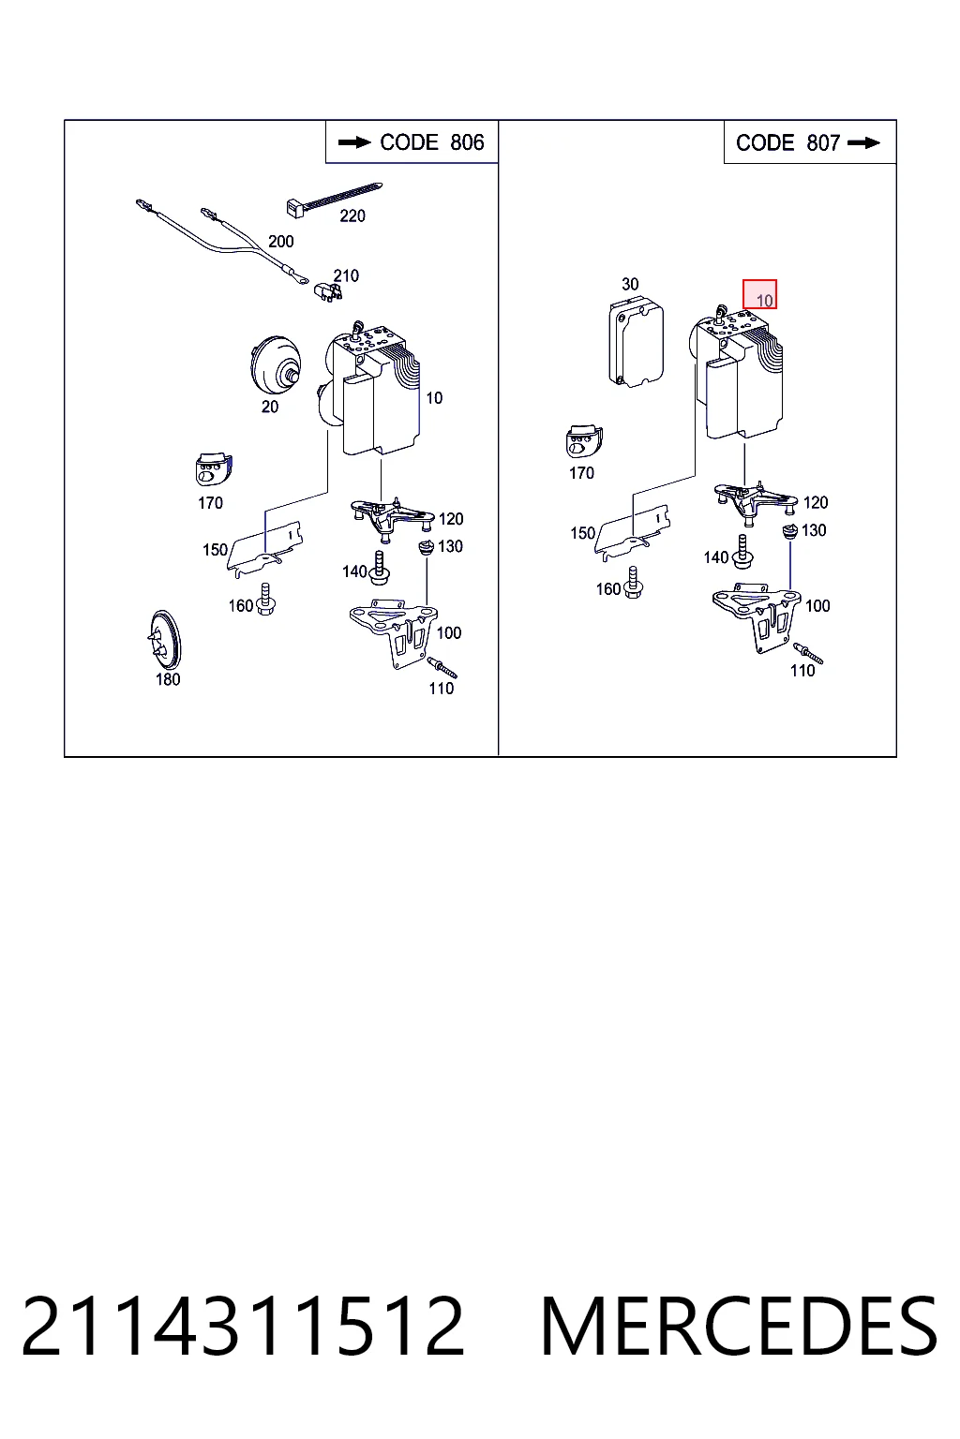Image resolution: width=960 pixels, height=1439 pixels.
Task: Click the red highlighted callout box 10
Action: [x=759, y=294]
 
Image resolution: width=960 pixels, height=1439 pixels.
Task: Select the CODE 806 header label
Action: [x=431, y=142]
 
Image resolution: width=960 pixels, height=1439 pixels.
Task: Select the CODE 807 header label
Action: [x=787, y=142]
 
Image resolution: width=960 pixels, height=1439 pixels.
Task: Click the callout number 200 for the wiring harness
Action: [x=281, y=242]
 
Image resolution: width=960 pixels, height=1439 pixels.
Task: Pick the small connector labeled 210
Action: [x=327, y=291]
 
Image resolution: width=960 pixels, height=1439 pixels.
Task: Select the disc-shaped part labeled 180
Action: [x=164, y=640]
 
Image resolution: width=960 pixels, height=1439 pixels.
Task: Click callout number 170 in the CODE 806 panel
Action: [x=210, y=503]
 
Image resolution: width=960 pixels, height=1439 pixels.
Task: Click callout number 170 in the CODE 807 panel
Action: [x=581, y=473]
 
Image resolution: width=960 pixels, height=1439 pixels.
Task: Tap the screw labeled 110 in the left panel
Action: [x=442, y=667]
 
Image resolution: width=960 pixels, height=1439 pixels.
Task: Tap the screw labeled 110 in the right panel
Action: [x=807, y=653]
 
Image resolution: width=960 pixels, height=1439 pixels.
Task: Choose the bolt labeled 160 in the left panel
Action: [x=265, y=600]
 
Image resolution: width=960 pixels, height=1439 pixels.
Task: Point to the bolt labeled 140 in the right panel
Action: [x=743, y=551]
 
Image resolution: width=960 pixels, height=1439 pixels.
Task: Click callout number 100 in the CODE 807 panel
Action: [x=817, y=606]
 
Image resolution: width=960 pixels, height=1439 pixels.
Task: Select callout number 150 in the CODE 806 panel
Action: [x=215, y=550]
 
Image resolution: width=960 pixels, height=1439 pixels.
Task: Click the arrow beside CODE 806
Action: [x=354, y=142]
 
